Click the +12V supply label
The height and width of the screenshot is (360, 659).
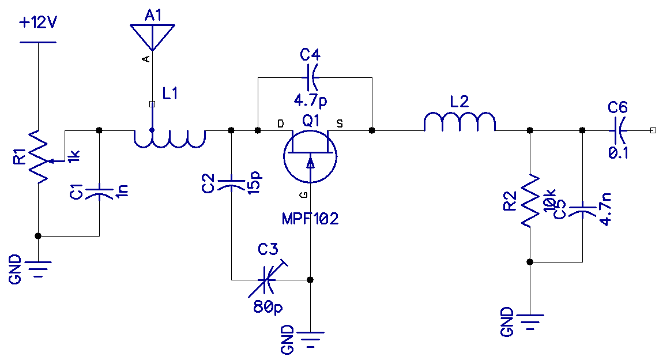pos(38,24)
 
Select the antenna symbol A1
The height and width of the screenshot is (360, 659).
pos(152,36)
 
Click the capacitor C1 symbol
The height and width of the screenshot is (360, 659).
pos(99,193)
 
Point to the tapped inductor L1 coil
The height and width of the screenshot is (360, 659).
pos(170,138)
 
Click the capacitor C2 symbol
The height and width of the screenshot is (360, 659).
pos(231,184)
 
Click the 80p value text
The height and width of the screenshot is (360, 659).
pos(268,307)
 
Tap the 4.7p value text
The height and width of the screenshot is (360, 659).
pos(310,100)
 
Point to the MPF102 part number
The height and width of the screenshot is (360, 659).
pos(310,219)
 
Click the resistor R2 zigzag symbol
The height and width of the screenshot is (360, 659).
pos(529,200)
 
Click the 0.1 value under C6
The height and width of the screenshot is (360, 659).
pos(618,153)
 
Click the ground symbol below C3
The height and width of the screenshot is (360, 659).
pos(310,337)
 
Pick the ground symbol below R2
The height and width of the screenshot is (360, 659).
pos(529,320)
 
